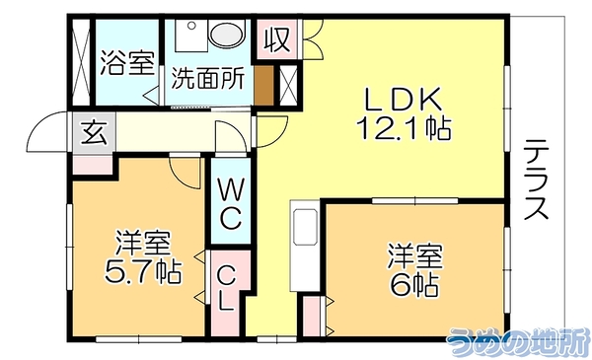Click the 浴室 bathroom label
tap(128, 63)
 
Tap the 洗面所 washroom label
tap(208, 78)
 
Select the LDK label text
tap(403, 100)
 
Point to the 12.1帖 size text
tap(404, 128)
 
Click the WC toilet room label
tap(230, 204)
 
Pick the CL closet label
tap(227, 288)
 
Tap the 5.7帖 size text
tap(143, 271)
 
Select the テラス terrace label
tap(536, 180)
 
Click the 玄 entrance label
tap(94, 133)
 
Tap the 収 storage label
tap(277, 40)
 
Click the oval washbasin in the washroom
tap(228, 35)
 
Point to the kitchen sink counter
tap(305, 246)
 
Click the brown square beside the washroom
tap(263, 86)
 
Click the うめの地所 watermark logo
tap(518, 342)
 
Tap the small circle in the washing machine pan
tap(191, 26)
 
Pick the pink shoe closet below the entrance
tap(93, 165)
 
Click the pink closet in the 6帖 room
tap(312, 317)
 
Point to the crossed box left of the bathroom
tap(81, 62)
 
